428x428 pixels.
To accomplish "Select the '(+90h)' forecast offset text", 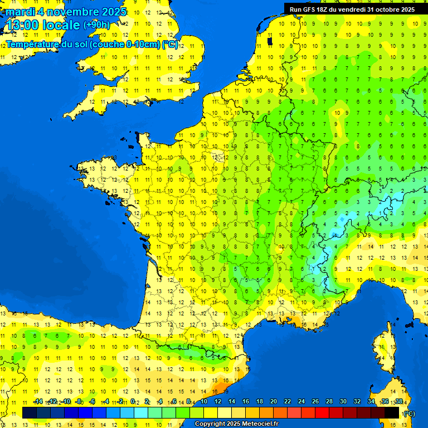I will click(x=96, y=25).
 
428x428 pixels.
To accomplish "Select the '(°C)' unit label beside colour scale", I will click(x=408, y=413).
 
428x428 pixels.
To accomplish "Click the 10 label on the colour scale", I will click(x=204, y=401).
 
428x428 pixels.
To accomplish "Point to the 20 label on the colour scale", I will click(x=274, y=401).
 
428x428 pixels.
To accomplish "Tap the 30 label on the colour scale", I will click(x=343, y=401).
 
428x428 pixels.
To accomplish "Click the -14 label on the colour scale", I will click(x=38, y=401).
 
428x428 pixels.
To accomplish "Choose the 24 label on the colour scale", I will click(x=301, y=401).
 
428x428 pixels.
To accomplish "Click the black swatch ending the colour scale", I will click(x=392, y=412).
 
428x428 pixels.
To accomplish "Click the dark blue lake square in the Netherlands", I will click(x=270, y=41).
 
